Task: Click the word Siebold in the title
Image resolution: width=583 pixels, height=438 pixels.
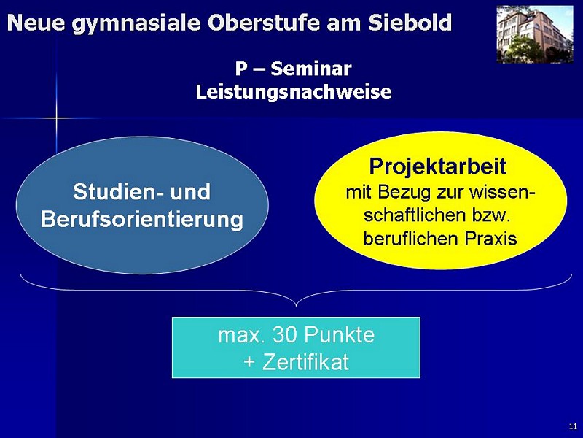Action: point(410,23)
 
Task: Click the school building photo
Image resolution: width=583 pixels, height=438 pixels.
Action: point(535,34)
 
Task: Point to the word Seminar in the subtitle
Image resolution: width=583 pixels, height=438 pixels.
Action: point(311,69)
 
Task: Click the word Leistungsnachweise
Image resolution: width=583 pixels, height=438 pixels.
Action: point(294,92)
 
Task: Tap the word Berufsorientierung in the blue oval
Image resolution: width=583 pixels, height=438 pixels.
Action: point(142,219)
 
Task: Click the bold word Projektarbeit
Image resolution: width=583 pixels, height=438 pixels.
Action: point(438,166)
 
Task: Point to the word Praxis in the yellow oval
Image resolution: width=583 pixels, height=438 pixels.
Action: point(490,239)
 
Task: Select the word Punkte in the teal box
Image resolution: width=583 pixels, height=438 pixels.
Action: point(340,334)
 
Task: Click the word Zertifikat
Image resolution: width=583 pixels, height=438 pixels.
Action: point(305,362)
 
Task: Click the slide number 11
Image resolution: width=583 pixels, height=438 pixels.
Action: point(573,426)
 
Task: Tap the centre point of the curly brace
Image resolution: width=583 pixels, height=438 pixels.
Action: point(297,305)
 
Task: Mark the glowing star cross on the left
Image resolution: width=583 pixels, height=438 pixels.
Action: point(57,118)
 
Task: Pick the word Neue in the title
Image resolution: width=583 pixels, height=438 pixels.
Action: point(35,23)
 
